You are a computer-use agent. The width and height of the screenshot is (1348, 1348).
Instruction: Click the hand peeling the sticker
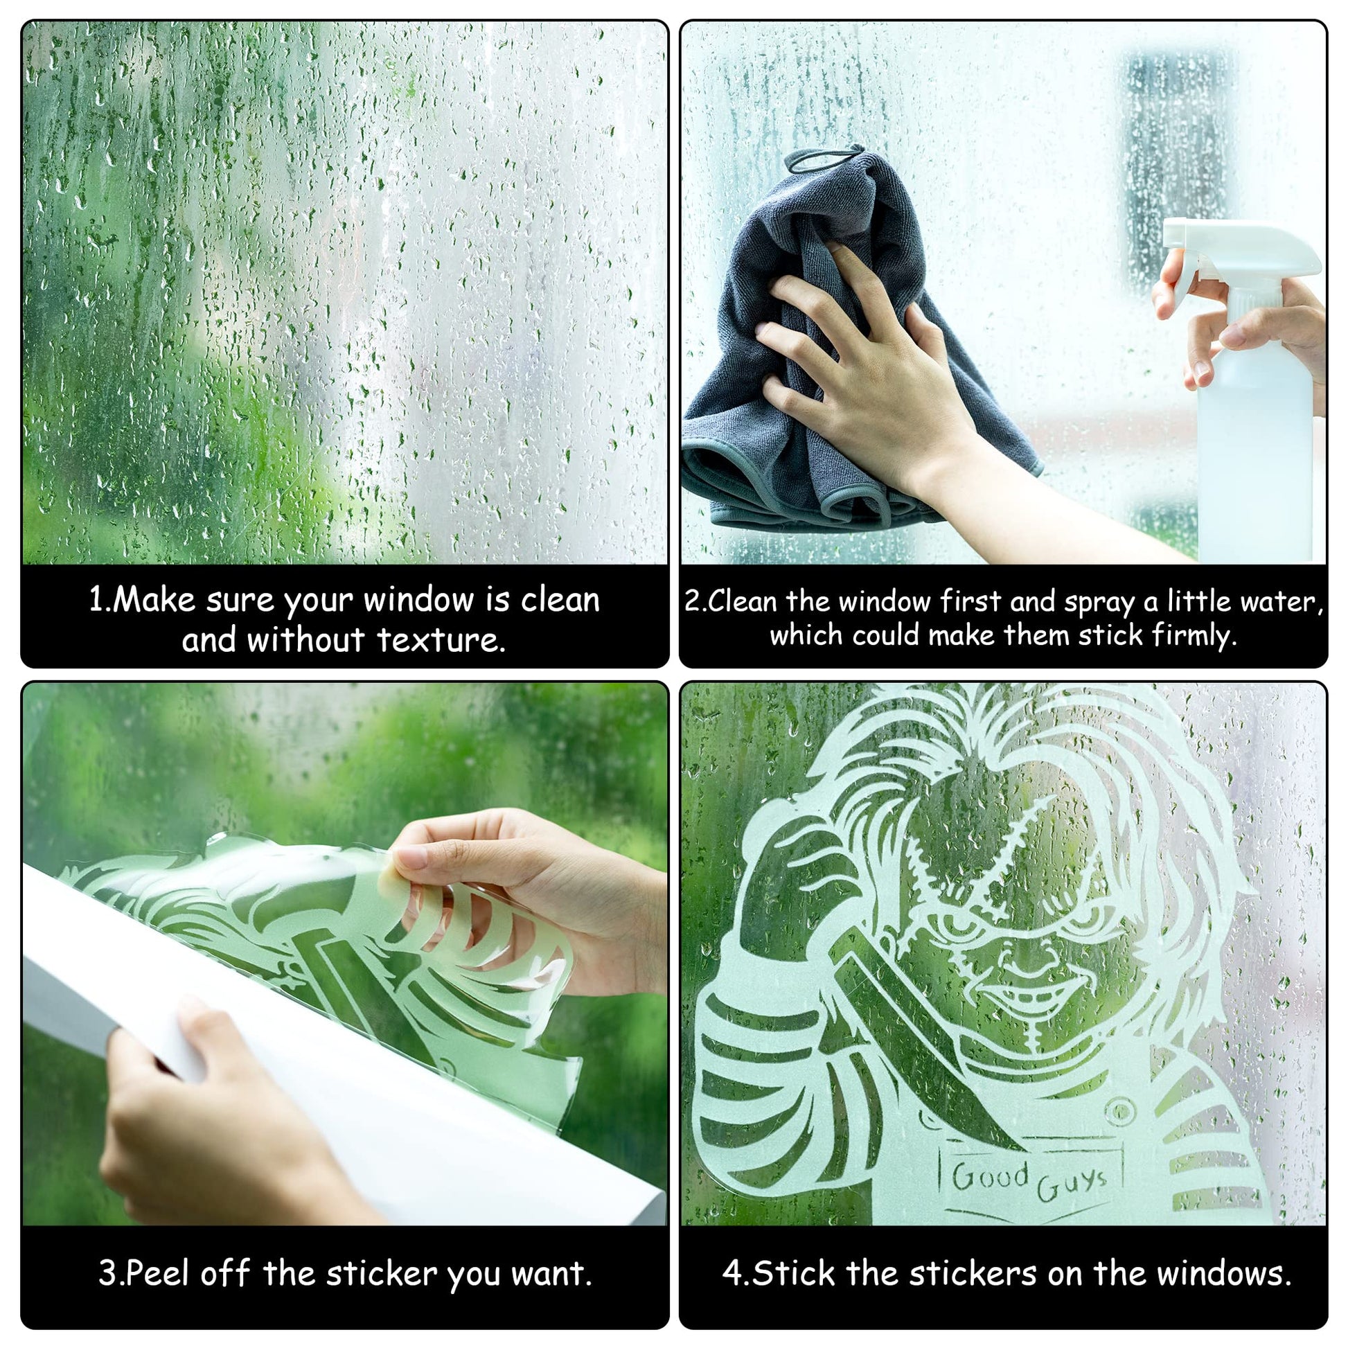[516, 907]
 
